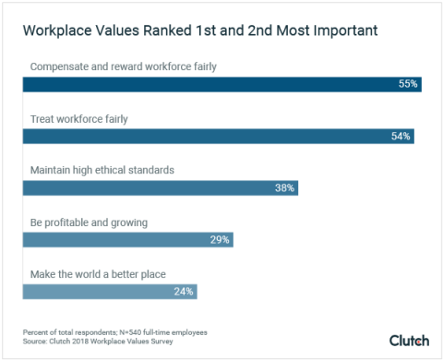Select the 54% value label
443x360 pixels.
click(401, 136)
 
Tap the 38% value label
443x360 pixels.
click(284, 187)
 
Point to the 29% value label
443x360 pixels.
click(220, 239)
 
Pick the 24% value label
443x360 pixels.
click(184, 291)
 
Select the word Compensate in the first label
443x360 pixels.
click(60, 66)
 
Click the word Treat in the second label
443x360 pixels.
click(42, 118)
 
